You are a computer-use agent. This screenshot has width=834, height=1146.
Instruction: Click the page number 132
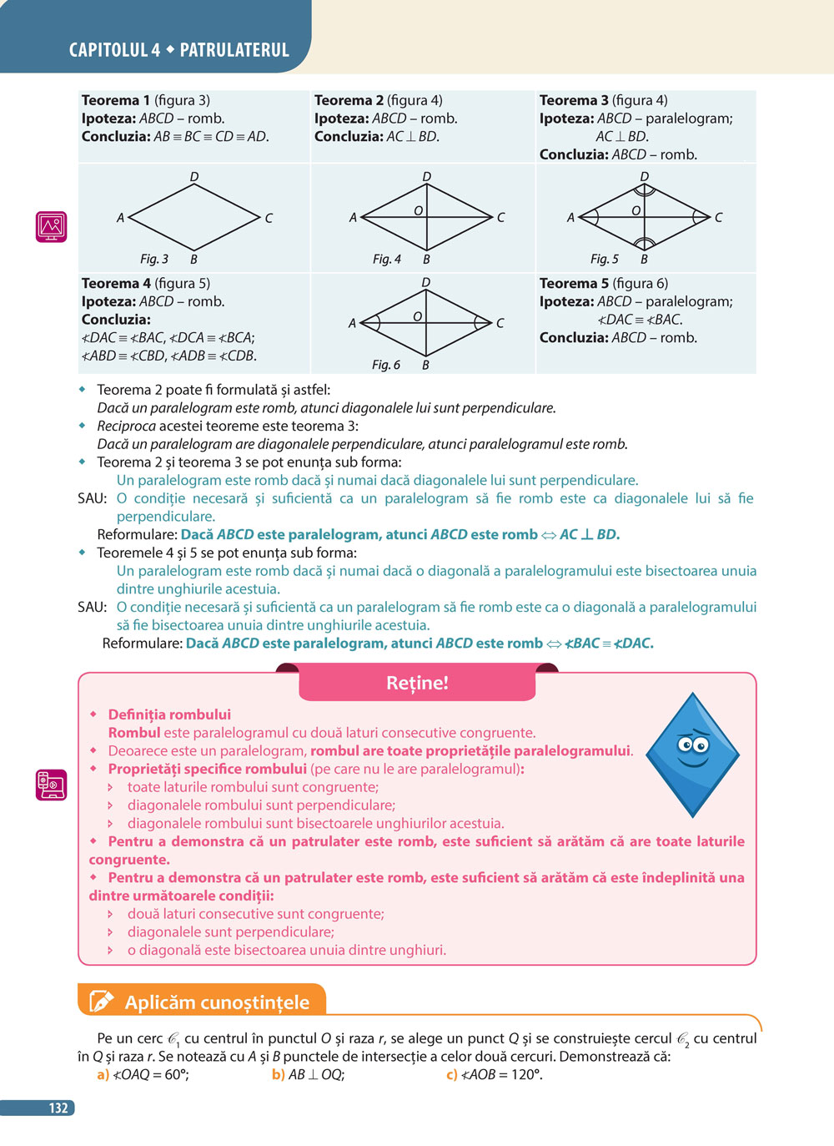click(x=58, y=1108)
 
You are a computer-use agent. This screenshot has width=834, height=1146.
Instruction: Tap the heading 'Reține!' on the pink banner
click(x=417, y=683)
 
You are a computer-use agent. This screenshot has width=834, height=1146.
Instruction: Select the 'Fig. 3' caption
click(x=154, y=259)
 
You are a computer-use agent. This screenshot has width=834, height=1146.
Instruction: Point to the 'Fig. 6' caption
click(x=386, y=365)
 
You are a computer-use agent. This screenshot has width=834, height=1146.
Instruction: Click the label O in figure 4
click(x=418, y=211)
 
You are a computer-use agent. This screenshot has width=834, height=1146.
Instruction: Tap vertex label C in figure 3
click(x=269, y=218)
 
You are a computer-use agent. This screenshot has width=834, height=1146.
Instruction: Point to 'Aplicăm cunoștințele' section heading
click(x=217, y=1002)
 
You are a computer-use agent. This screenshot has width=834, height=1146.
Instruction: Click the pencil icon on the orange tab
click(x=101, y=1002)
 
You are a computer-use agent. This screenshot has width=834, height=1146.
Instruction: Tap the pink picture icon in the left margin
click(x=51, y=226)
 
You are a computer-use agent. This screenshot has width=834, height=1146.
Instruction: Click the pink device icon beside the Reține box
click(x=51, y=785)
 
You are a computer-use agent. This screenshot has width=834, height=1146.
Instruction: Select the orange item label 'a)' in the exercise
click(x=103, y=1075)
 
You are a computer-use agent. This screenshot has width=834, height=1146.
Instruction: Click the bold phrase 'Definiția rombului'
click(x=169, y=714)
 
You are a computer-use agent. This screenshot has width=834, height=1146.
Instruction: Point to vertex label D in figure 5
click(x=644, y=177)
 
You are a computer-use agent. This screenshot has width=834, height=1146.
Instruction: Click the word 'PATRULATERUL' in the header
click(x=234, y=50)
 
